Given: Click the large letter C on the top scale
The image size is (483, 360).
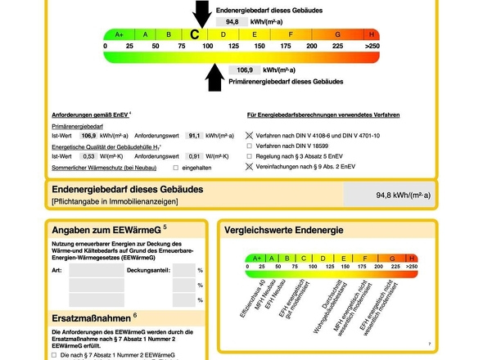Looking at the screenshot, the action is pos(194,34).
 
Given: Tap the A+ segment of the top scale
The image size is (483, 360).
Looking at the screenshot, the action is pos(120,34).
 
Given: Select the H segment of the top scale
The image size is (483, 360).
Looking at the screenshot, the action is pos(372,34).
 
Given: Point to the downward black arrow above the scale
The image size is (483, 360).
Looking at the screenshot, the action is pos(202,14).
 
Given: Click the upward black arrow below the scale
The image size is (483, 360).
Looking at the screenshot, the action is pos(214,78).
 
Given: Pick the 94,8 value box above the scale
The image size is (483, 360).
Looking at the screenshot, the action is pos(232,22).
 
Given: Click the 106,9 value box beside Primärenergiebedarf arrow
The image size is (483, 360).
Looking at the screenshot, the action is pos(245,70).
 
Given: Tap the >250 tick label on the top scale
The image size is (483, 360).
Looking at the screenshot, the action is pos(372,46).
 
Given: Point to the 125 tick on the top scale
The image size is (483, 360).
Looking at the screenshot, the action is pos(233,46).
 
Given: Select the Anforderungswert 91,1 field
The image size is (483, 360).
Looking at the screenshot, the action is pos(194,136).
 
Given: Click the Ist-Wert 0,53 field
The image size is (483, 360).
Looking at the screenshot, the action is pos(88,156).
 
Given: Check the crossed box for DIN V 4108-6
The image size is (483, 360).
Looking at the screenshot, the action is pos(249,136).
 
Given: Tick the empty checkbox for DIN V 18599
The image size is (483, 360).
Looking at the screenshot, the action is pos(249,146).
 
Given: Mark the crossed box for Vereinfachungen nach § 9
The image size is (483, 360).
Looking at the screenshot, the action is pos(249,167).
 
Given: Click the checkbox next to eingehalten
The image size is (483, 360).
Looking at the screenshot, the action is pos(175,168).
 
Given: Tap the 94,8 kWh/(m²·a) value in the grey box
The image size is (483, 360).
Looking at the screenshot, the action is pos(404,196).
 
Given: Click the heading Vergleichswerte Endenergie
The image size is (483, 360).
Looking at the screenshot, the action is pos(284,230).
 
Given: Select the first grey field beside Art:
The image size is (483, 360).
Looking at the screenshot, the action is pos(97,270).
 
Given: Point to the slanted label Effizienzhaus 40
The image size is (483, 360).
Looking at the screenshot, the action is pos(253,299).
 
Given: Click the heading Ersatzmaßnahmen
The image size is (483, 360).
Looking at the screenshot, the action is pos(91,318).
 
